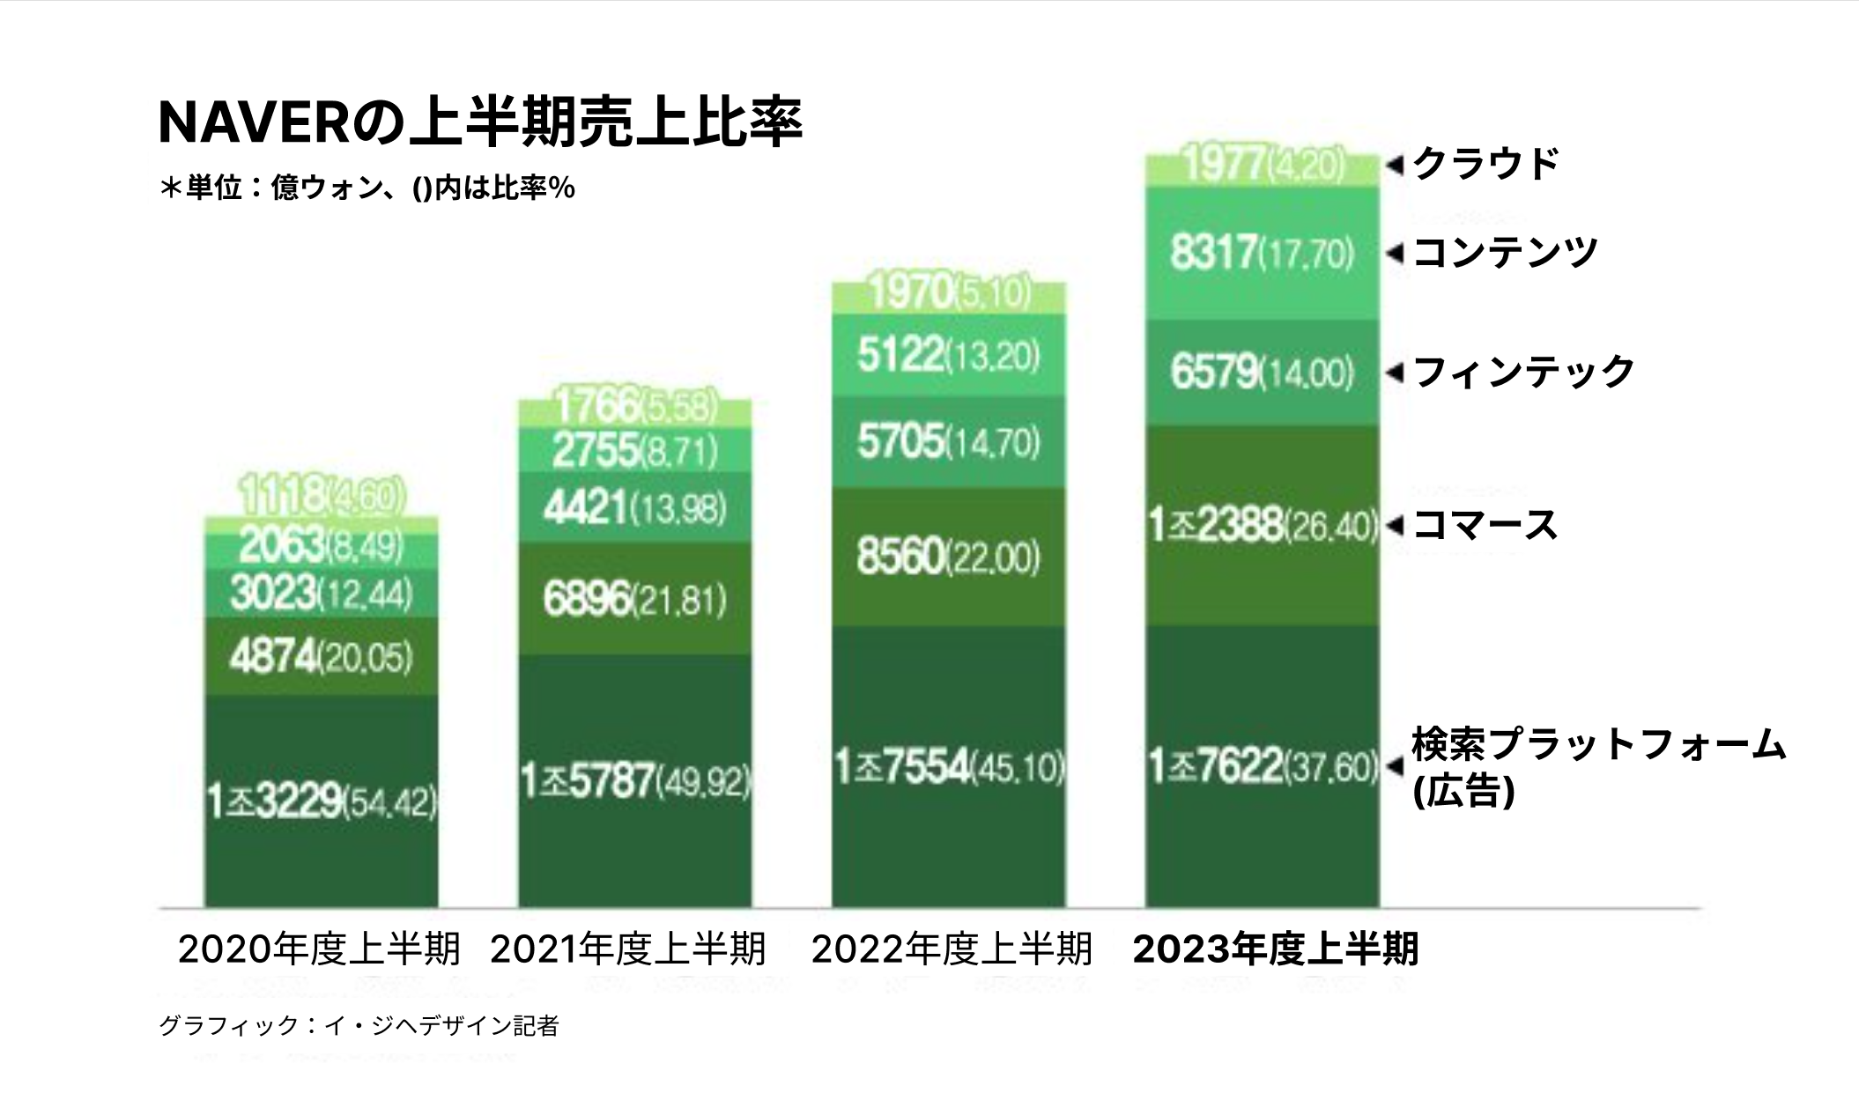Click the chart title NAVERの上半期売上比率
[x=480, y=123]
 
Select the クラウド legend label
[x=1485, y=165]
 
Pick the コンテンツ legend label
[x=1505, y=254]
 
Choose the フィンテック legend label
[x=1523, y=373]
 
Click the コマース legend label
[x=1485, y=526]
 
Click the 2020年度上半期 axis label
[x=319, y=949]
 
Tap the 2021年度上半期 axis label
[x=627, y=949]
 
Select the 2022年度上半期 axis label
[x=952, y=949]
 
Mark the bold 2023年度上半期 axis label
[x=1275, y=949]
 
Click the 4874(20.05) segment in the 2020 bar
[x=321, y=657]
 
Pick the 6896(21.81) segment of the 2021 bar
[x=634, y=600]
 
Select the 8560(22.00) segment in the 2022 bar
[x=948, y=557]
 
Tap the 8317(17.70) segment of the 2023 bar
[x=1262, y=254]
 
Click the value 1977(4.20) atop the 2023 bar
[x=1262, y=166]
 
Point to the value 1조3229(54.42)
[x=321, y=801]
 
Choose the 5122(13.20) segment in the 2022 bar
[x=948, y=356]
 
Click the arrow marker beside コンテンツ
[x=1394, y=254]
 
